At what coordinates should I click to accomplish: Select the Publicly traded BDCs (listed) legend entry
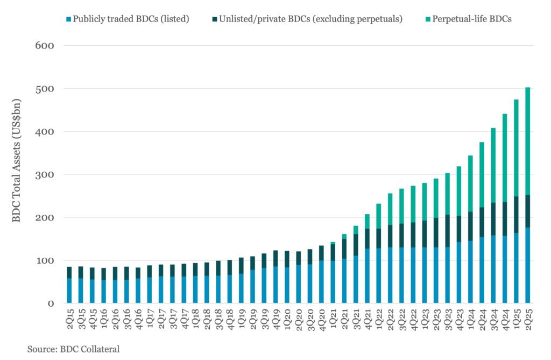[x=130, y=18]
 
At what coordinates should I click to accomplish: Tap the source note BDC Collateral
[x=73, y=349]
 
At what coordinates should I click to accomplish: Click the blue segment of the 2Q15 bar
[x=69, y=291]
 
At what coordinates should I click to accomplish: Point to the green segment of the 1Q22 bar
[x=379, y=216]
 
